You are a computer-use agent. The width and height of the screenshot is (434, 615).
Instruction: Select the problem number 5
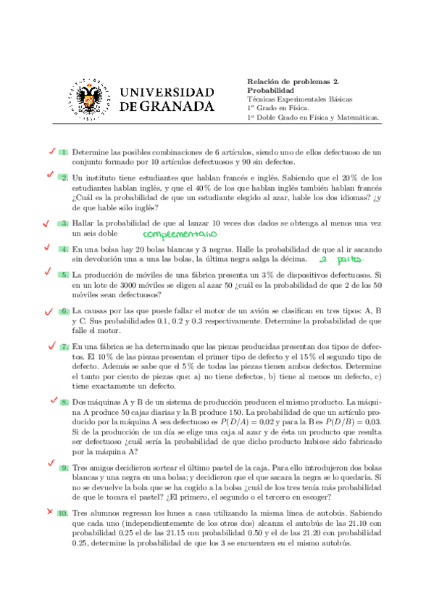(64, 275)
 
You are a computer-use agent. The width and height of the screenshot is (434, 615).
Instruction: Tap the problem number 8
(64, 402)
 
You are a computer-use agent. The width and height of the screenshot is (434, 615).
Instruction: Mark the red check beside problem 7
(53, 346)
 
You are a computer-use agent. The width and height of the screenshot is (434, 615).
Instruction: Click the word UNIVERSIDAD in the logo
(166, 92)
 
